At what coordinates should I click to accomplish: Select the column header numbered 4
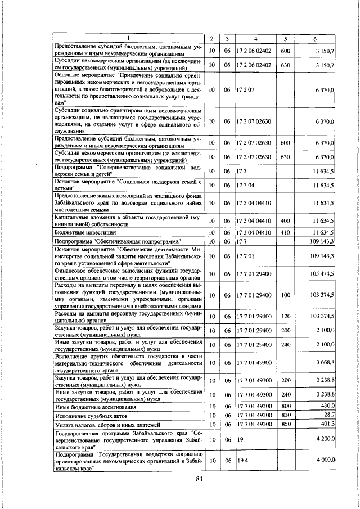255,39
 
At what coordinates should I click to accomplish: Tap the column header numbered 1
128,39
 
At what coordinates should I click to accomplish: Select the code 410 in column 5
285,232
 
